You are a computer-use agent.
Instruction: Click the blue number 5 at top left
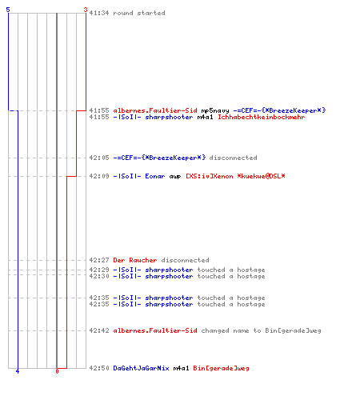tap(8, 10)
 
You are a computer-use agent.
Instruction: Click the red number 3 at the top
tap(86, 10)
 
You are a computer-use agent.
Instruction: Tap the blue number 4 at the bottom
tap(18, 371)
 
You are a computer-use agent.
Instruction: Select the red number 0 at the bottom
tap(57, 371)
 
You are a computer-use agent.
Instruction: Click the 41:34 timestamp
tap(99, 13)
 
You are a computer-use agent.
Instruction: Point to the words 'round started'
tap(139, 13)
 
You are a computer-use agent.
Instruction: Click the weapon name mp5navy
tap(215, 110)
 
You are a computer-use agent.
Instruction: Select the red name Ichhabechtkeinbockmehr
tap(262, 117)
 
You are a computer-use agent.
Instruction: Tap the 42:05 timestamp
tap(99, 158)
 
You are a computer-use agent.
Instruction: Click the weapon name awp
tap(175, 176)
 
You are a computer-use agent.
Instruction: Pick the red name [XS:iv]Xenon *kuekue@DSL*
tap(235, 176)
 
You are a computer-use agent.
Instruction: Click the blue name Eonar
tap(155, 176)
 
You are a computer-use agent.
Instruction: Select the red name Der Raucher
tap(135, 260)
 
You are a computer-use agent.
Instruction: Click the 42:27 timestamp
tap(99, 260)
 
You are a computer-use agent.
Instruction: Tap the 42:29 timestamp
tap(99, 270)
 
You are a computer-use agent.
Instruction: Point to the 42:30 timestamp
tap(99, 276)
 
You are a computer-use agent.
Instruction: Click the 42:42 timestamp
tap(99, 330)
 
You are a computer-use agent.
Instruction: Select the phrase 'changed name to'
tap(231, 330)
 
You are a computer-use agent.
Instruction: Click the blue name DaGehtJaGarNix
tap(141, 368)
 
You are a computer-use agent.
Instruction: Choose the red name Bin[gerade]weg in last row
tap(221, 368)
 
